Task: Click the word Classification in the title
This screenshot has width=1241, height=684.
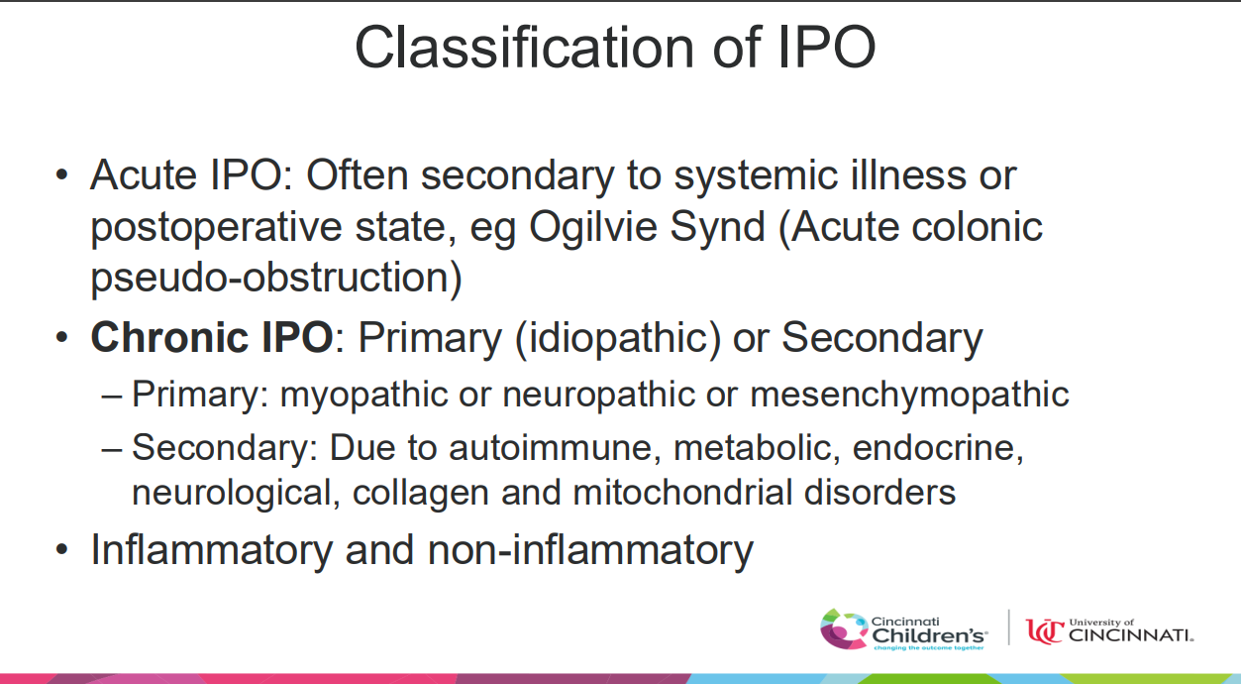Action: coord(524,48)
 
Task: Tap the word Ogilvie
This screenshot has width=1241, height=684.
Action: coord(593,227)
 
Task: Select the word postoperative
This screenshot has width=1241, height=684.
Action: coord(216,228)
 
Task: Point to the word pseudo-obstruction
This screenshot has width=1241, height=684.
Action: coord(276,278)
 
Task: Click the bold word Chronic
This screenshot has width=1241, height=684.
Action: coord(169,337)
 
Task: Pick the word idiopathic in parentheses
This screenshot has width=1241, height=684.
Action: coord(618,338)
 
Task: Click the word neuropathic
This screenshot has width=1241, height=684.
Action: coord(598,396)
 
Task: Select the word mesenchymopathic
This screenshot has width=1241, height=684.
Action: coord(909,396)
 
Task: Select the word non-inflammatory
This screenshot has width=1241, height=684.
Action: coord(590,551)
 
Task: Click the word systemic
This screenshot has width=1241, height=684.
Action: coord(755,176)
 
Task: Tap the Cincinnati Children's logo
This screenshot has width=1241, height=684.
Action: coord(903,629)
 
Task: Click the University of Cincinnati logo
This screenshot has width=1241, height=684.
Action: coord(1109,631)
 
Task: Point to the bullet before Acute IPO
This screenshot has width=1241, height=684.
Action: coord(62,176)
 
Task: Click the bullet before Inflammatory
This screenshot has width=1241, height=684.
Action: coord(62,550)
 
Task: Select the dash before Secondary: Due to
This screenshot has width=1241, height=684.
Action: coord(112,449)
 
